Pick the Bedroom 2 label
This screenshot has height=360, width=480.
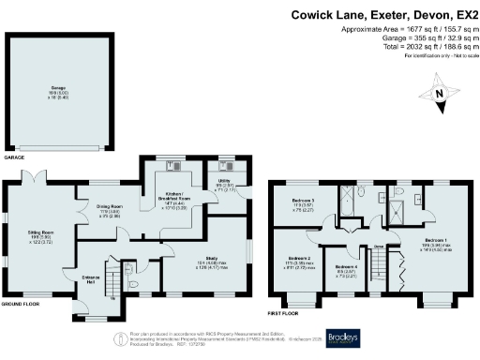pyautogui.click(x=298, y=259)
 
